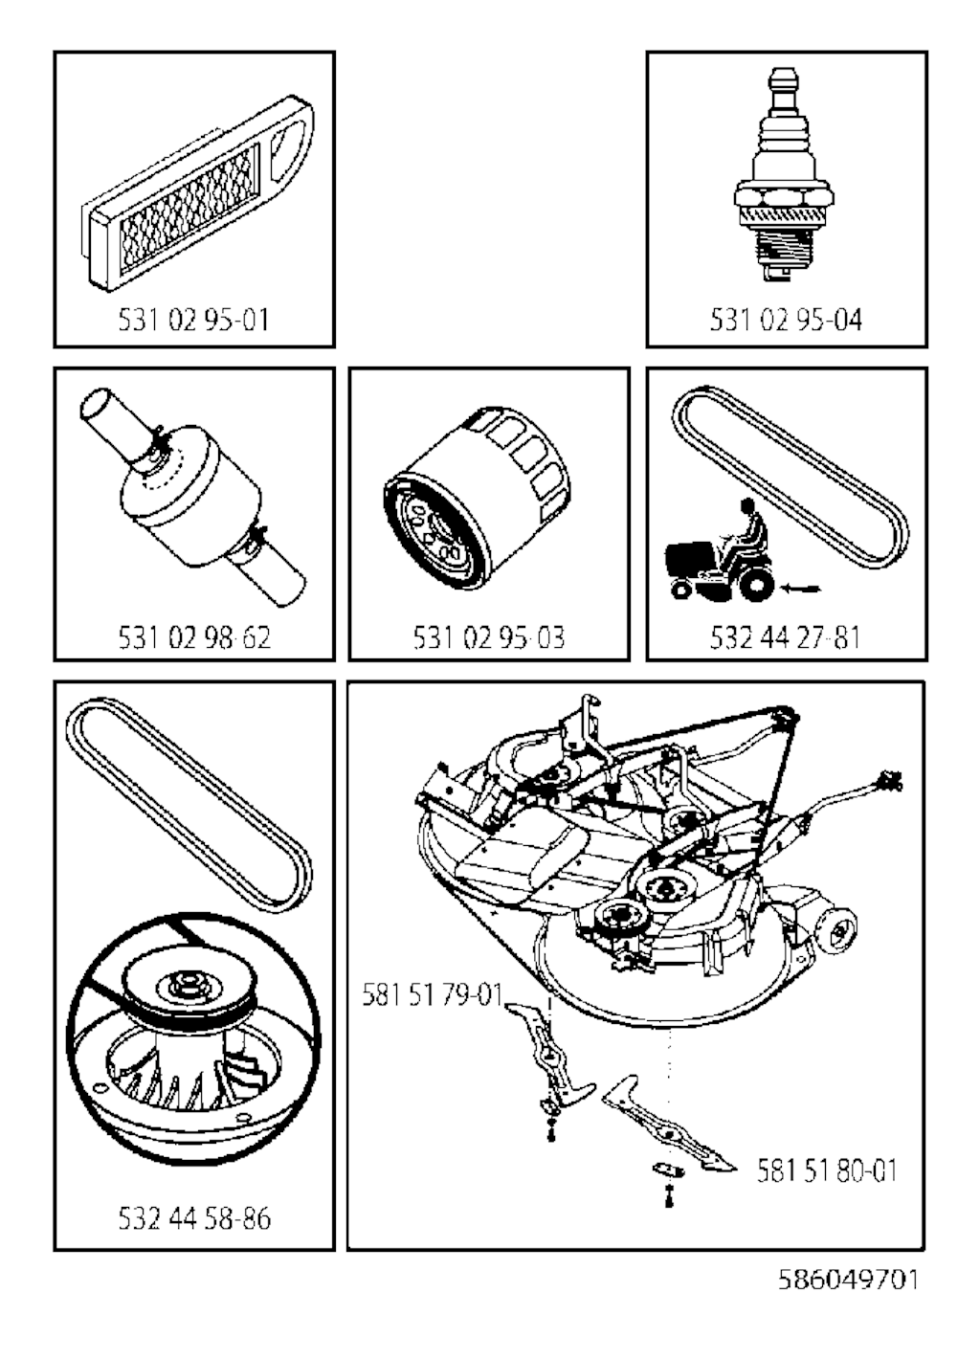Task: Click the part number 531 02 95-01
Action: pyautogui.click(x=193, y=320)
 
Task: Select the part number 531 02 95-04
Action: pyautogui.click(x=786, y=320)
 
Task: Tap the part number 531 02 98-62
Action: pyautogui.click(x=194, y=637)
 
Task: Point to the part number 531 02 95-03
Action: pyautogui.click(x=489, y=637)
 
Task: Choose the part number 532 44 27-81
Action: pyautogui.click(x=785, y=637)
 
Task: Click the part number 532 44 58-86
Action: pyautogui.click(x=194, y=1218)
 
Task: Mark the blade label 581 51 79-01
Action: pyautogui.click(x=432, y=995)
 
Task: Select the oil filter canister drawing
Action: pyautogui.click(x=477, y=499)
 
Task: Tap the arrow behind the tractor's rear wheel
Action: pyautogui.click(x=800, y=588)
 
